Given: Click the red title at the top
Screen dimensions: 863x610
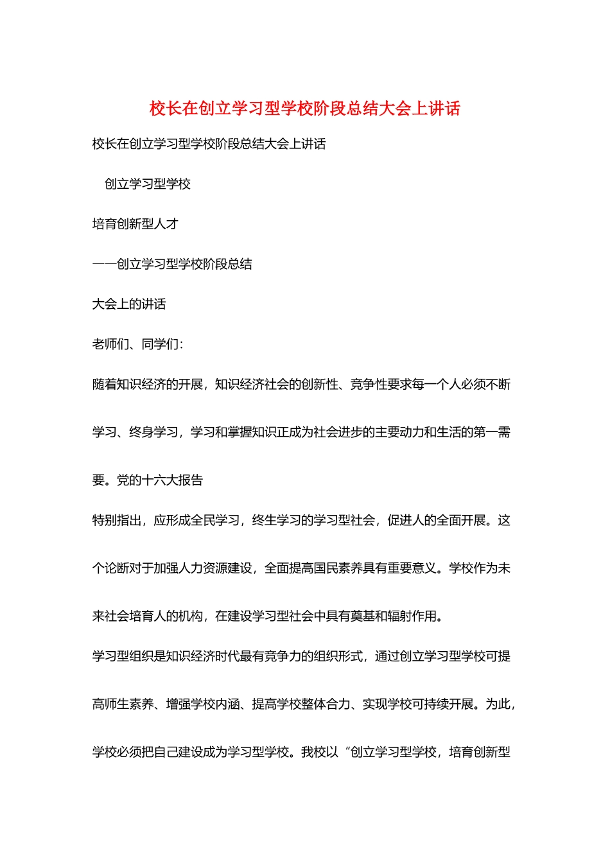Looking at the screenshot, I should click(305, 109).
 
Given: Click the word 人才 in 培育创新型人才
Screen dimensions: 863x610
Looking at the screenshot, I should click(166, 224).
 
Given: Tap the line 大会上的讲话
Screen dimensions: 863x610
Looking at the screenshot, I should click(129, 304).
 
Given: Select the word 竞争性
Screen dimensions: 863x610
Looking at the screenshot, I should click(368, 385).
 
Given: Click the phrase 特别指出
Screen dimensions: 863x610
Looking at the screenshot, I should click(117, 520).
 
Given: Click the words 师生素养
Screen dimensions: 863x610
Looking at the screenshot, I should click(129, 704).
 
